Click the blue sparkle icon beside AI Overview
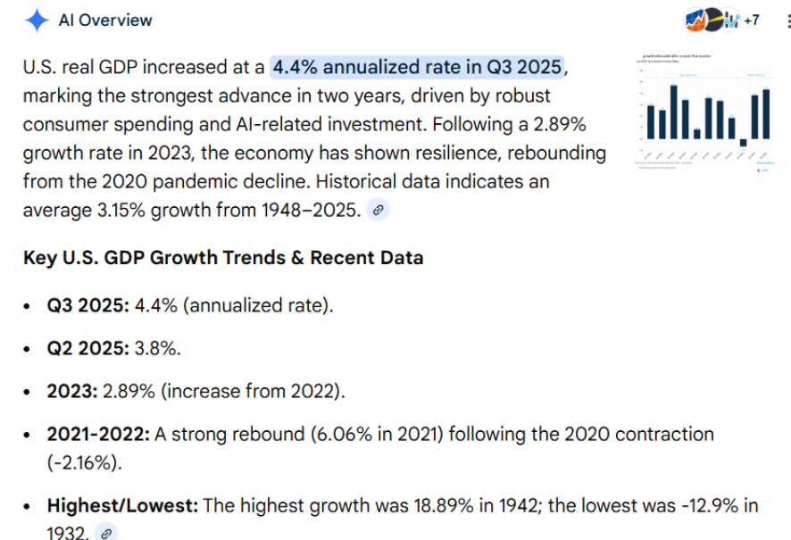[x=37, y=21]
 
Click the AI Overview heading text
[x=105, y=21]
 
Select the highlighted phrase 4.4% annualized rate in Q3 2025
[x=418, y=67]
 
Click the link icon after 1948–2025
[x=379, y=211]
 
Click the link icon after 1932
[x=106, y=533]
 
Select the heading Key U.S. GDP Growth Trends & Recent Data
[x=223, y=258]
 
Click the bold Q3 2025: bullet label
[x=87, y=305]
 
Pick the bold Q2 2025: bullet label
[x=87, y=348]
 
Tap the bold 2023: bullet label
[x=73, y=392]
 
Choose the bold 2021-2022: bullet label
[x=98, y=435]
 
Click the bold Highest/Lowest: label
[x=123, y=506]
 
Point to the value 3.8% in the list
[x=157, y=348]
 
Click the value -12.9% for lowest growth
[x=704, y=506]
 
